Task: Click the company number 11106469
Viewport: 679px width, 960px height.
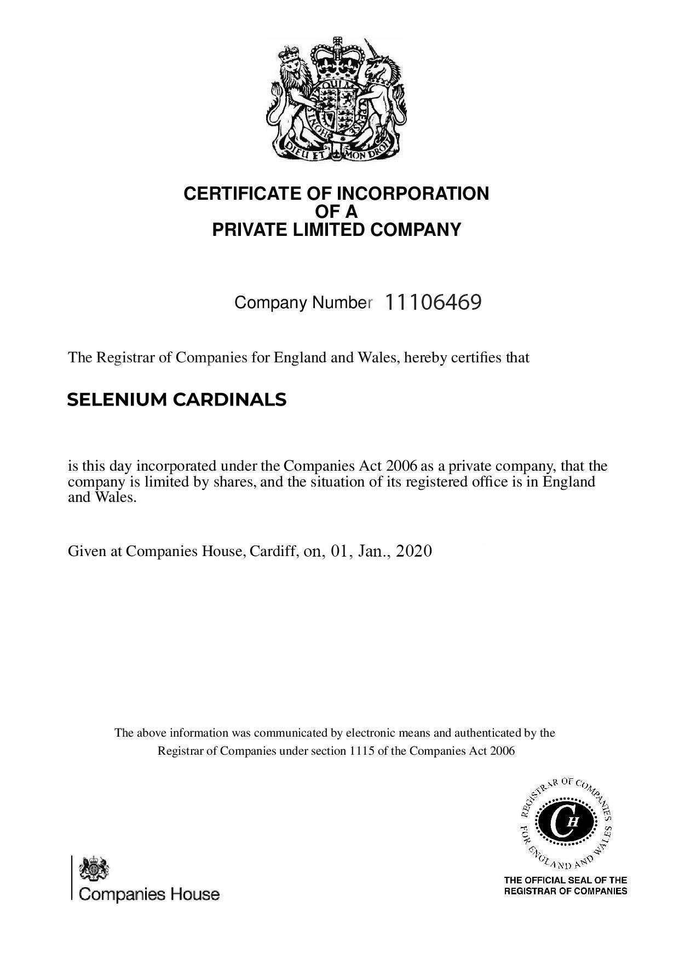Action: [433, 302]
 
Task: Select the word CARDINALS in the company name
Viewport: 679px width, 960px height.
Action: [229, 400]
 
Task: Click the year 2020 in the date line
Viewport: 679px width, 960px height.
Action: [414, 551]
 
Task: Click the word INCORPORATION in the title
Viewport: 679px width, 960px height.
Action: [412, 194]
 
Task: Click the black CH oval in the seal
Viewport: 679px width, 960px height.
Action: [565, 822]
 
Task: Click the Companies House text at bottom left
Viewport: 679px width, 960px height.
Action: [149, 894]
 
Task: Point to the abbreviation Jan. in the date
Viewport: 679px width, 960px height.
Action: [372, 551]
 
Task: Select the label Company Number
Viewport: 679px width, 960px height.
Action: [303, 303]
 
